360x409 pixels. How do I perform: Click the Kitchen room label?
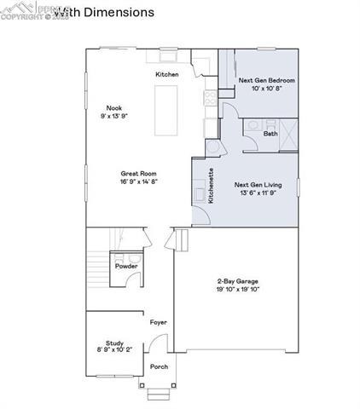click(166, 76)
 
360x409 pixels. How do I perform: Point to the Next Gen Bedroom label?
click(261, 80)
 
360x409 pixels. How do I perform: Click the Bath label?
click(270, 134)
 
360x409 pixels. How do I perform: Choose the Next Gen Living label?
click(258, 184)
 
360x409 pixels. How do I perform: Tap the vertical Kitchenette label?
click(211, 185)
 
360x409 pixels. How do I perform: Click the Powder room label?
click(127, 266)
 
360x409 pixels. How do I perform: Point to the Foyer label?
click(158, 323)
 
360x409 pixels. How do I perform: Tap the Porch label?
click(159, 367)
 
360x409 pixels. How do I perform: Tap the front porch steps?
click(158, 394)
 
